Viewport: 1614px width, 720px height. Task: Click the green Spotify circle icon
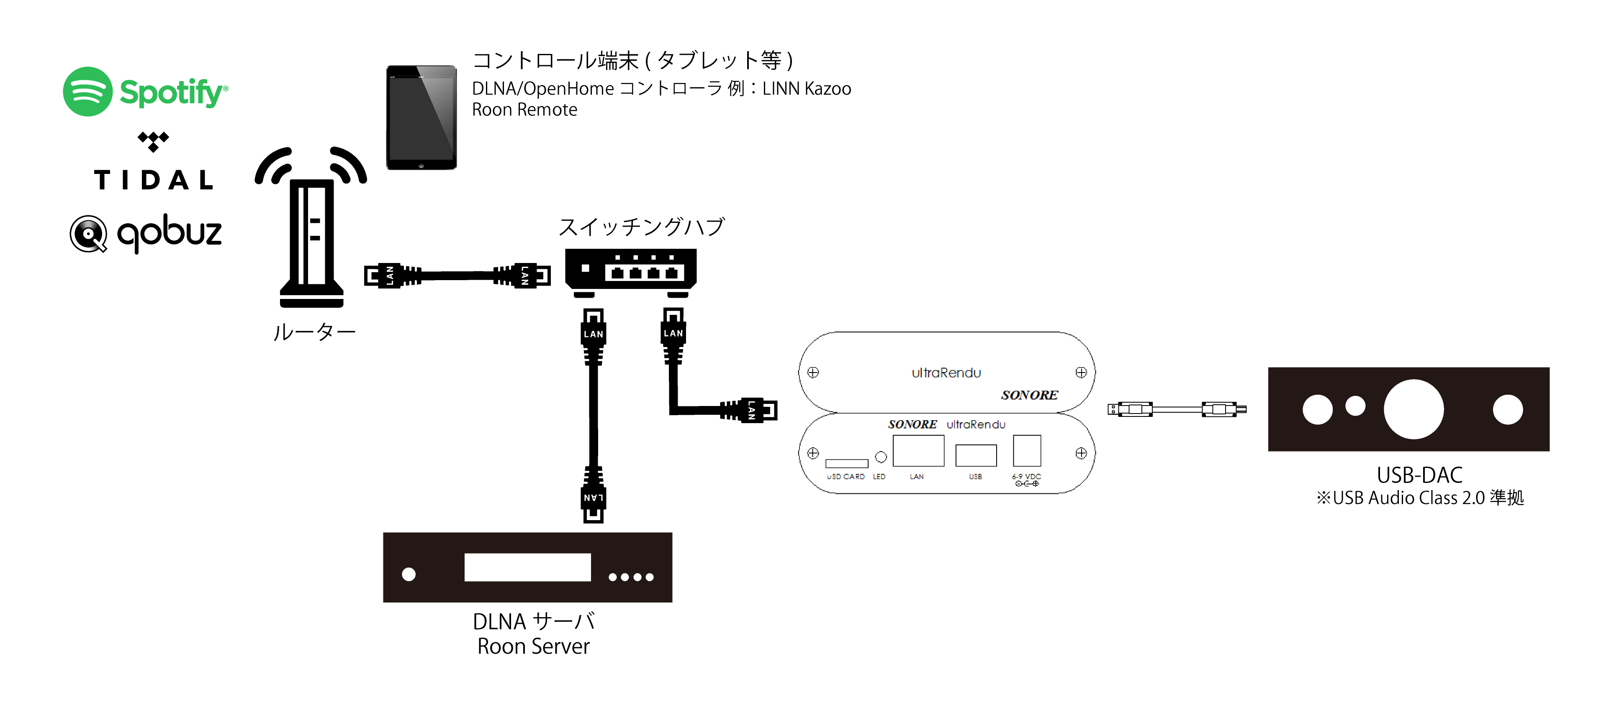[x=88, y=92]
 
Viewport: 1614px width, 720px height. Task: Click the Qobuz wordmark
[x=169, y=233]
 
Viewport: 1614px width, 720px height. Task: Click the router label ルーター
[x=314, y=332]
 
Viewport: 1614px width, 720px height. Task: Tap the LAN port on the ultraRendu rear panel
[x=918, y=451]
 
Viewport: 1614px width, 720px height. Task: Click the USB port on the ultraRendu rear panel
[x=976, y=455]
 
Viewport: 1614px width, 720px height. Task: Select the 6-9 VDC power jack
[x=1027, y=451]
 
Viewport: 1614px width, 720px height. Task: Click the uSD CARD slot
[x=846, y=463]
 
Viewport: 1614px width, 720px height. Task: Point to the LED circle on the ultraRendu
[x=881, y=457]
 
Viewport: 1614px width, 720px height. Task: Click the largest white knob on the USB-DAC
[x=1414, y=409]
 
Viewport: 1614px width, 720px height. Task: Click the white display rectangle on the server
[x=527, y=567]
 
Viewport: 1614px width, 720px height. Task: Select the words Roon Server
[x=533, y=646]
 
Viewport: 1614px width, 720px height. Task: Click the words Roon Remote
[x=524, y=110]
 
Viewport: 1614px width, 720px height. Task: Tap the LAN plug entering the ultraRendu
[x=752, y=410]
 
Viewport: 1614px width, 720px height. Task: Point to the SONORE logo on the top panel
[x=1029, y=395]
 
